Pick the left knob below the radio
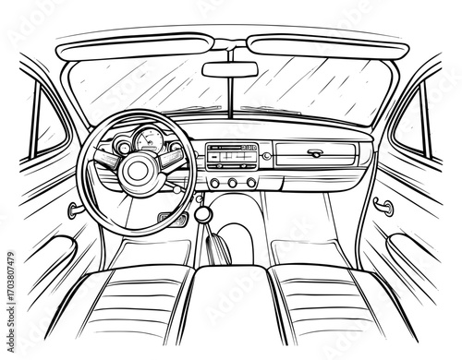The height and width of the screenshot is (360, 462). [x=214, y=183]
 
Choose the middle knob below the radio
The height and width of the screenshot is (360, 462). [x=233, y=183]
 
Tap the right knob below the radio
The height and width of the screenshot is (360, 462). [x=250, y=183]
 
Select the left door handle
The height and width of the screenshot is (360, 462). [x=71, y=210]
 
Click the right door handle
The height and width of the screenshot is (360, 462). [x=384, y=207]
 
